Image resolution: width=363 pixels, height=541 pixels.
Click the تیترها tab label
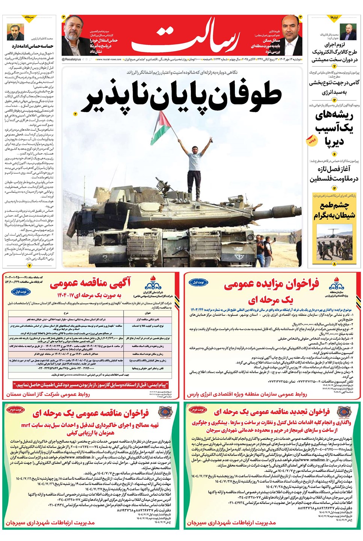click(x=334, y=17)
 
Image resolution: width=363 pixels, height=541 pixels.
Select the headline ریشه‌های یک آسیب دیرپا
click(x=334, y=128)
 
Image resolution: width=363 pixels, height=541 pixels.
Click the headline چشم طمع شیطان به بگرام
click(x=334, y=210)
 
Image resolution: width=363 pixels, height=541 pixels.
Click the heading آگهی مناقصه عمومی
click(x=90, y=283)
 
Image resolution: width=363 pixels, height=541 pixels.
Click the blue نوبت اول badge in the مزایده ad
click(x=198, y=282)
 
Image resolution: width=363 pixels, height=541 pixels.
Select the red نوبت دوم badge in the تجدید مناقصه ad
click(x=198, y=410)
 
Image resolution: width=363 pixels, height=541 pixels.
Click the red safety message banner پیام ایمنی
click(x=91, y=385)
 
